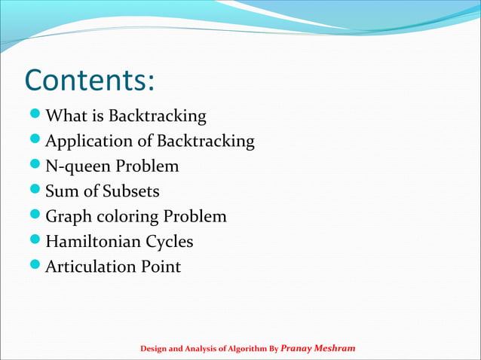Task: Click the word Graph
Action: (69, 217)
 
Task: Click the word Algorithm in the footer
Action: (240, 349)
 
